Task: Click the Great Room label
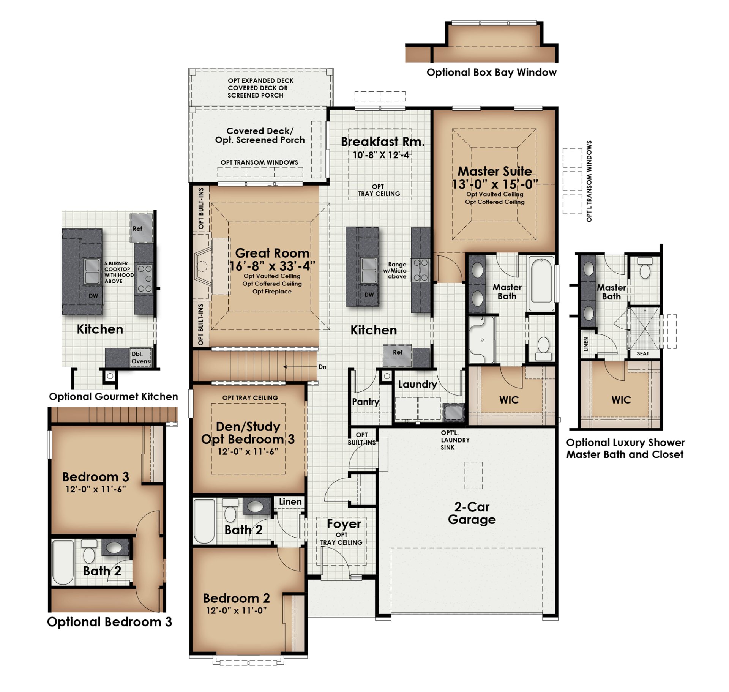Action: (272, 253)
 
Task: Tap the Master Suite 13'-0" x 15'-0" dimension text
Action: (495, 184)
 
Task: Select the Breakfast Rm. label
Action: (382, 142)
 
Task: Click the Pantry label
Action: (365, 402)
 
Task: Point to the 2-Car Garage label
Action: (472, 513)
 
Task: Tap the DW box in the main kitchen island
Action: (369, 295)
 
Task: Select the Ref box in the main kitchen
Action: (397, 353)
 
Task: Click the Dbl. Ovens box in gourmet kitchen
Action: (140, 358)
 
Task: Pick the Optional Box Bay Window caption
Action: (491, 73)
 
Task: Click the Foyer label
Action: (344, 524)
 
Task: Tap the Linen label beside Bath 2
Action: (290, 502)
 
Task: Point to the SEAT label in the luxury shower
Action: (643, 354)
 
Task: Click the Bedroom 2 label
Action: (236, 599)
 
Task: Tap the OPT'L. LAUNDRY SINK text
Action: (454, 440)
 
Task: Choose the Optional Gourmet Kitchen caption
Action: (113, 397)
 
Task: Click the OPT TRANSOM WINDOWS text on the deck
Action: (259, 162)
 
